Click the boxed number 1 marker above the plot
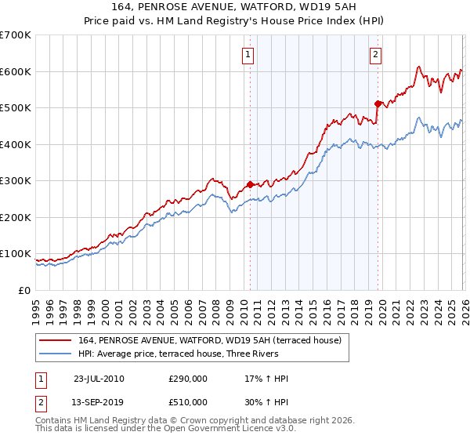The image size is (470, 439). click(248, 54)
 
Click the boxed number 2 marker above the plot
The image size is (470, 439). click(376, 54)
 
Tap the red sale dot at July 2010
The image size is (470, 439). click(250, 185)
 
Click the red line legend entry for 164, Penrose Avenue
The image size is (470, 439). click(209, 341)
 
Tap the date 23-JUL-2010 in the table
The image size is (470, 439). click(99, 379)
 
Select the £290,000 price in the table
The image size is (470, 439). click(188, 379)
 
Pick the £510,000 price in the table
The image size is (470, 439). click(188, 402)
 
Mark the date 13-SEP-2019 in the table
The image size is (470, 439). click(99, 402)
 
